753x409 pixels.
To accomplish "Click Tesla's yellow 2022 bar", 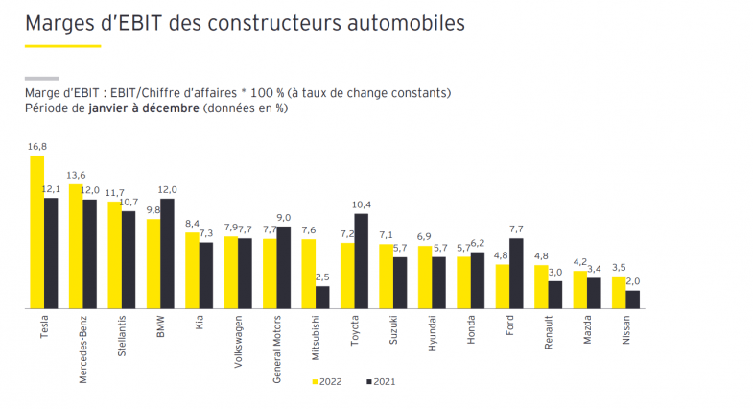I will [37, 231].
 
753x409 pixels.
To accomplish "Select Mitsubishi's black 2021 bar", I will [322, 297].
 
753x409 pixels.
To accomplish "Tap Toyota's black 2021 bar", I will [361, 260].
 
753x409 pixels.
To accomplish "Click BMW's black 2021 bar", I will [168, 253].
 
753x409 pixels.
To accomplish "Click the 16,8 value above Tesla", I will [37, 147].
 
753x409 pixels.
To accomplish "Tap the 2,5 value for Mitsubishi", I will [322, 277].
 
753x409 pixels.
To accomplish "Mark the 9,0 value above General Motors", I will [284, 218].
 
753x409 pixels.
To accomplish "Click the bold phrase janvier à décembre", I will [142, 108].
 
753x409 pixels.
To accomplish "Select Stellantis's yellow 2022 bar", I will [115, 254].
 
